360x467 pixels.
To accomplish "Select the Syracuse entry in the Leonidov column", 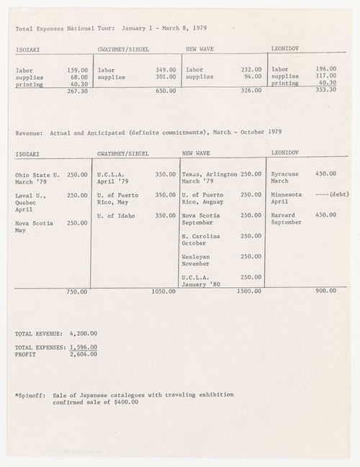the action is [284, 174].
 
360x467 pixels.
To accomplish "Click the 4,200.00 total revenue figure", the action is [84, 333].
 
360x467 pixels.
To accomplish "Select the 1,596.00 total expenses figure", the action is [84, 348].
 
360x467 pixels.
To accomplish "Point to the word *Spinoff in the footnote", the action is [30, 395].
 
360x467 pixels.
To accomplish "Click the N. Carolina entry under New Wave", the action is [201, 235].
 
